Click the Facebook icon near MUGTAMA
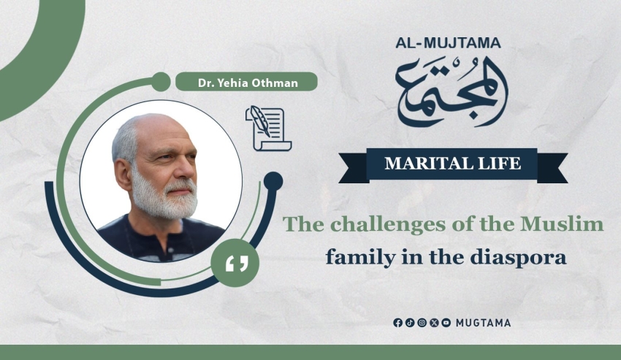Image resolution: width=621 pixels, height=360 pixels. pyautogui.click(x=397, y=323)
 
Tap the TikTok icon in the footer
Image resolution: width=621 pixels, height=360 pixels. pyautogui.click(x=410, y=323)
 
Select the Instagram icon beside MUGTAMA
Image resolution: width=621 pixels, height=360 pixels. pyautogui.click(x=422, y=323)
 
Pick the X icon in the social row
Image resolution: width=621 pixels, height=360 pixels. pyautogui.click(x=434, y=323)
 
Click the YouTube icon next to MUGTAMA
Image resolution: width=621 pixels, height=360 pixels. pyautogui.click(x=446, y=323)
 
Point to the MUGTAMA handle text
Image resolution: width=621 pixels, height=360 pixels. pyautogui.click(x=483, y=323)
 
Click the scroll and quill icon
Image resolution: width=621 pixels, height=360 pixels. pyautogui.click(x=269, y=128)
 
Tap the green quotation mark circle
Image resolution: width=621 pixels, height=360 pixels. pyautogui.click(x=235, y=263)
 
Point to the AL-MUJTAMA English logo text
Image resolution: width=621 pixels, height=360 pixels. pyautogui.click(x=448, y=43)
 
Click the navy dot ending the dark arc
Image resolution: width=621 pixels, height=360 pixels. pyautogui.click(x=273, y=181)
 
